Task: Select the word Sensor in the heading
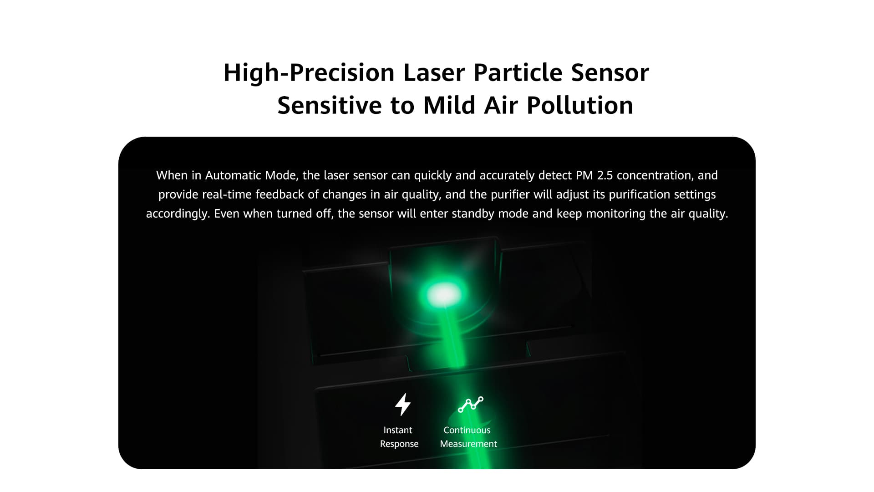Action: pos(610,73)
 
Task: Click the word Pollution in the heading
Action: pos(580,105)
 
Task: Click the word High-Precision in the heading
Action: pos(309,73)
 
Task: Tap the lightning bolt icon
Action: pos(403,405)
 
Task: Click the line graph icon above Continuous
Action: pos(470,404)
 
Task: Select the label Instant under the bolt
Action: pos(398,430)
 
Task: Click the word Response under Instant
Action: pos(399,444)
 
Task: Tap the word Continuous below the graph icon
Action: pos(467,430)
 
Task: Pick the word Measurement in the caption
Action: pos(468,444)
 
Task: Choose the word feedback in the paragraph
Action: pos(280,195)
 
